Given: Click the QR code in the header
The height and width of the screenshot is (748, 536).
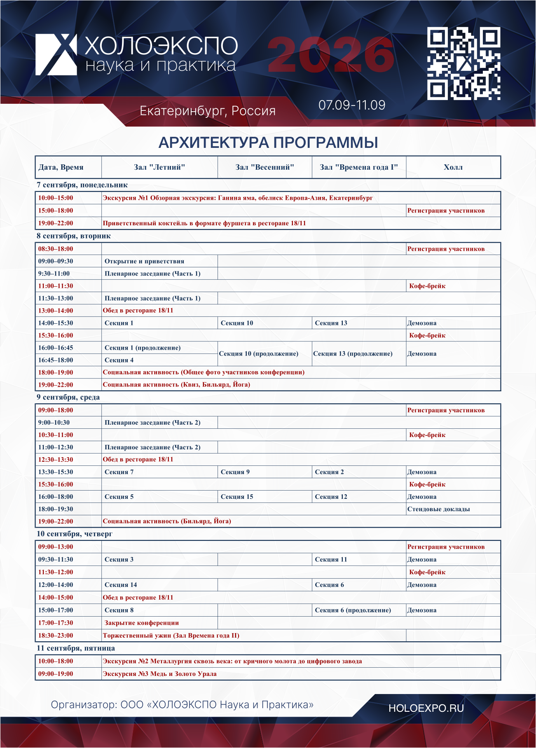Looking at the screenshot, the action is (464, 63).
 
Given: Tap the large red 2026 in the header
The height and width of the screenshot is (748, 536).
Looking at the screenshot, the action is (331, 55).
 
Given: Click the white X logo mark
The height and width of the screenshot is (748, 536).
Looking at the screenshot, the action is (56, 54).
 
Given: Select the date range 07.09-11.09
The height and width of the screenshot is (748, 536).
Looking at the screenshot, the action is (352, 105).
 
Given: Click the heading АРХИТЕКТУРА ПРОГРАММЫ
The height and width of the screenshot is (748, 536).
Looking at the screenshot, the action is (268, 143).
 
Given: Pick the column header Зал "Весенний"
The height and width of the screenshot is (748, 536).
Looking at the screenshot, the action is (265, 167).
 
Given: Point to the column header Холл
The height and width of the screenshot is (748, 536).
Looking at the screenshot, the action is (453, 167).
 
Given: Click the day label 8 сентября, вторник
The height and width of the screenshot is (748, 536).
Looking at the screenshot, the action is (74, 236).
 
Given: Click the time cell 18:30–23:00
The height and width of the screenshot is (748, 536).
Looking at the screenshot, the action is (56, 636).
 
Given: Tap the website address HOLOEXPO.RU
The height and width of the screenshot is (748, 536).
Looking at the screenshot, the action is (426, 708).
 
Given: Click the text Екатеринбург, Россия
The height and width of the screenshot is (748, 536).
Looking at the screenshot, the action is (208, 111).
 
